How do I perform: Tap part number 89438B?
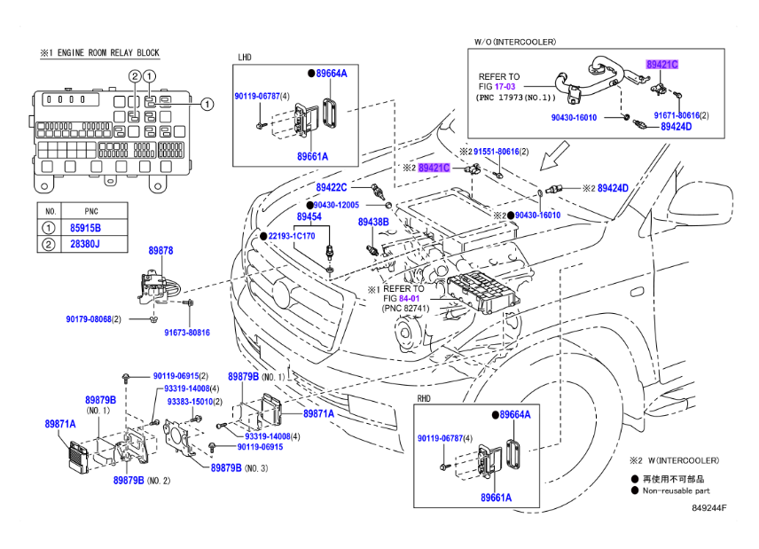(373, 222)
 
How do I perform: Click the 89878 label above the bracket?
(160, 251)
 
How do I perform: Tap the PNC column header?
(91, 212)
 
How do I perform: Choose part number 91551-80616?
(495, 152)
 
